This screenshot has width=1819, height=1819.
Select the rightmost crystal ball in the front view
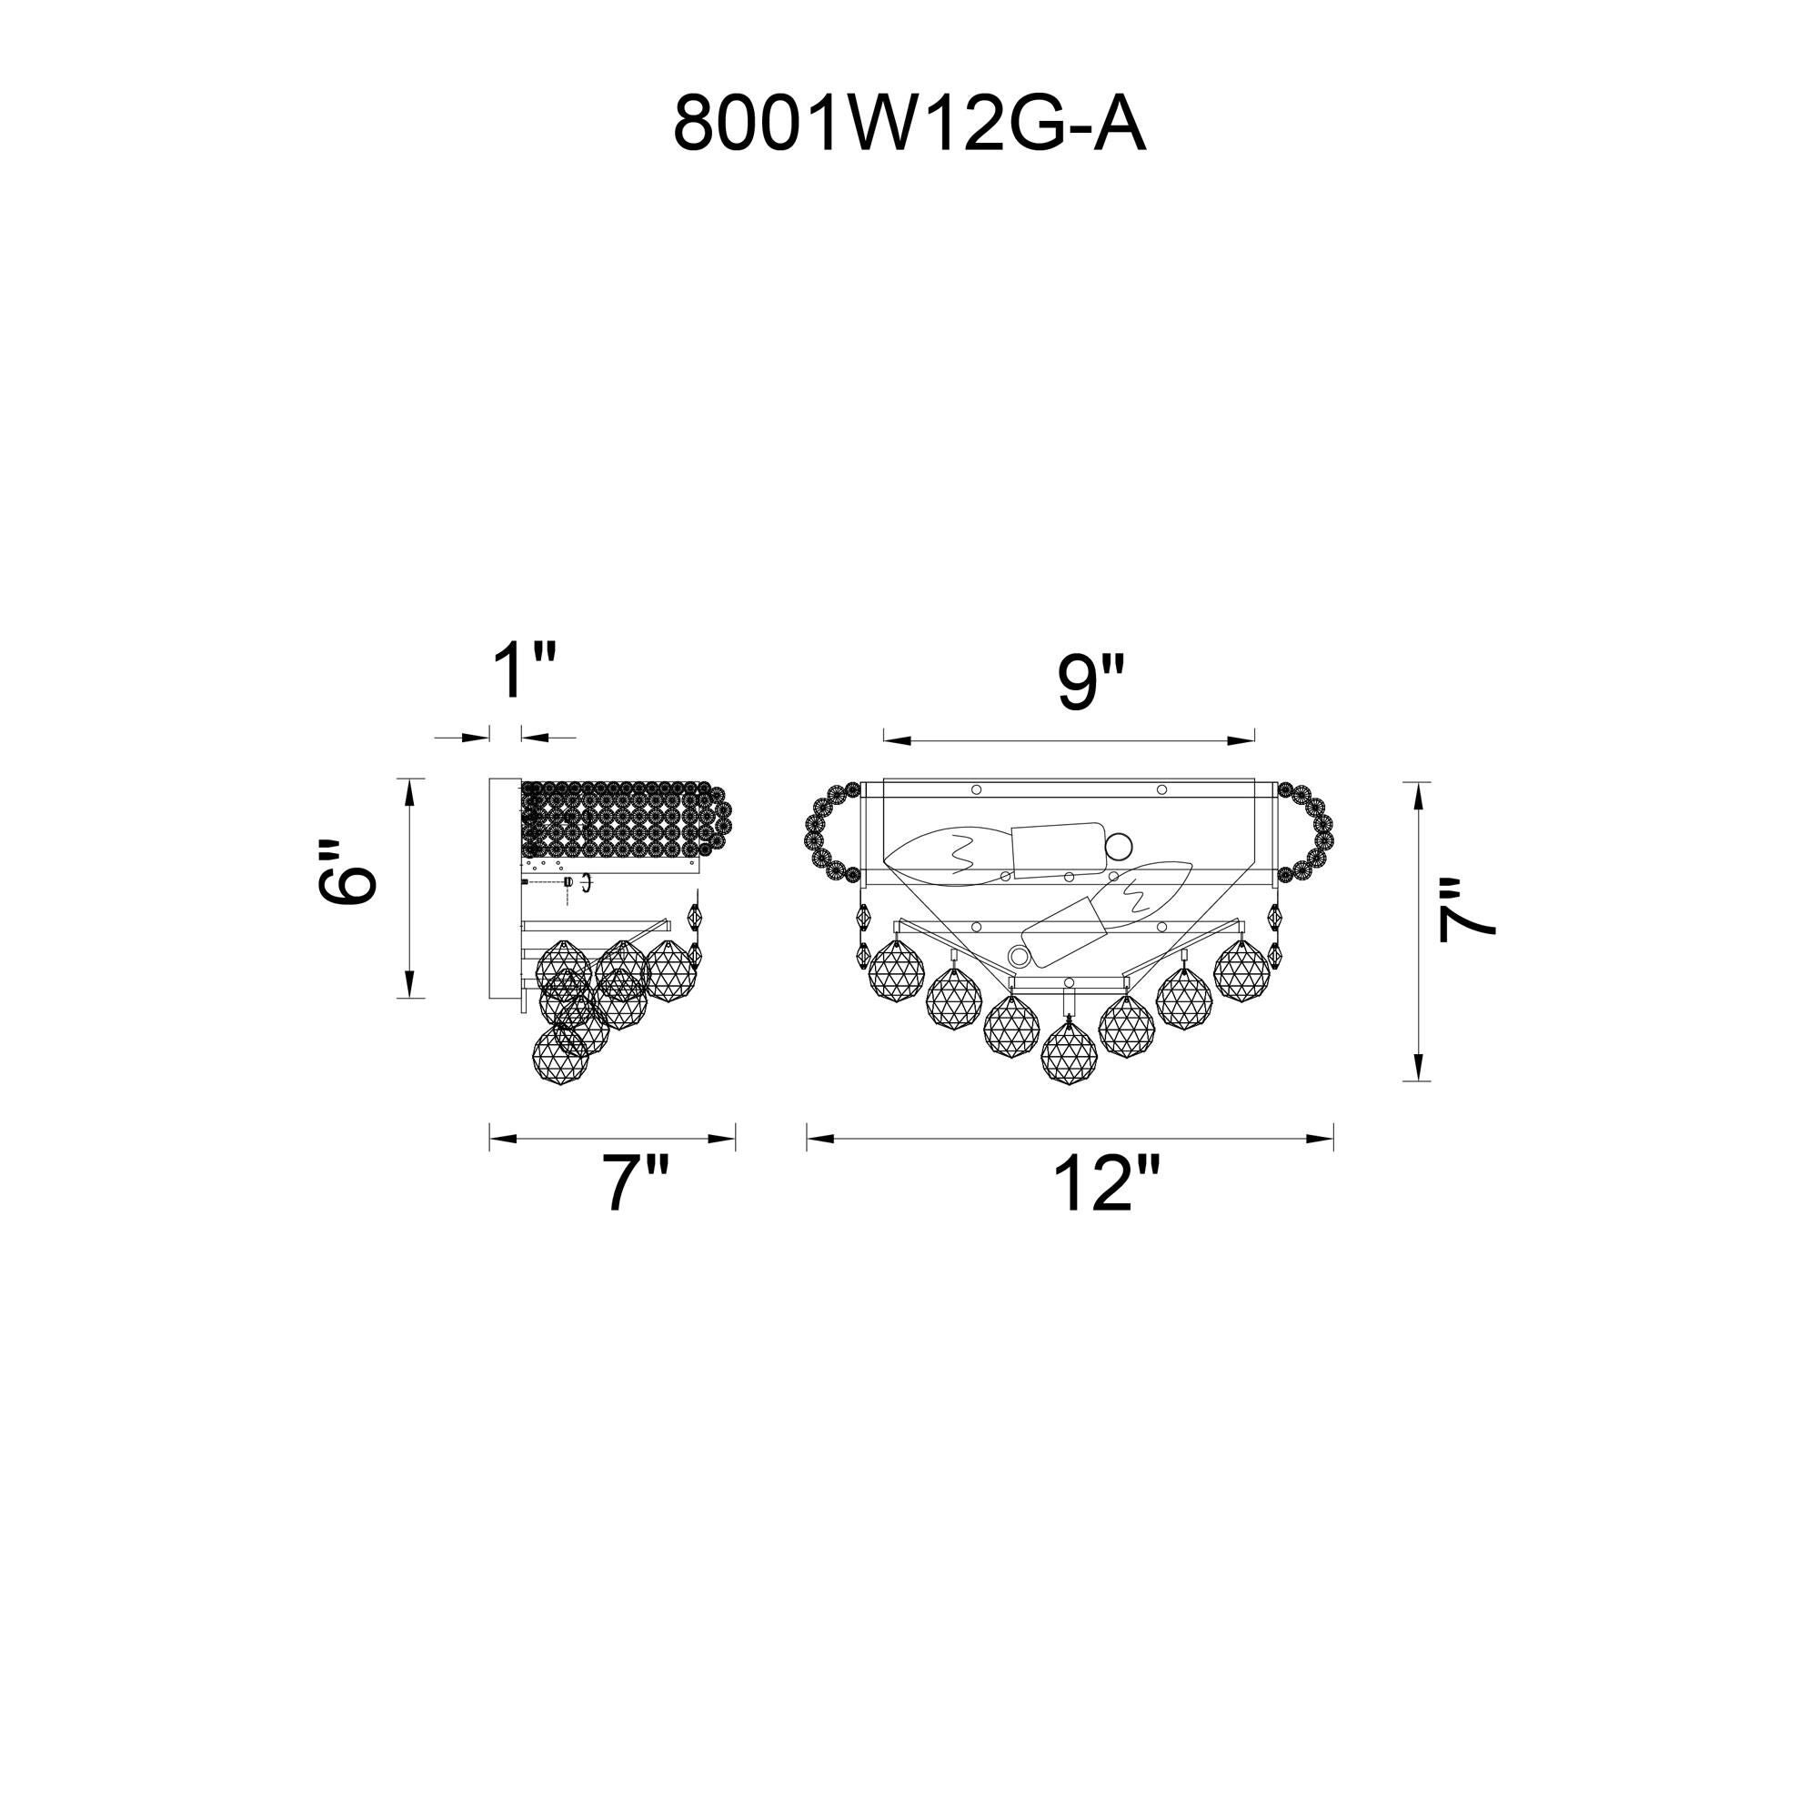(1242, 969)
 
